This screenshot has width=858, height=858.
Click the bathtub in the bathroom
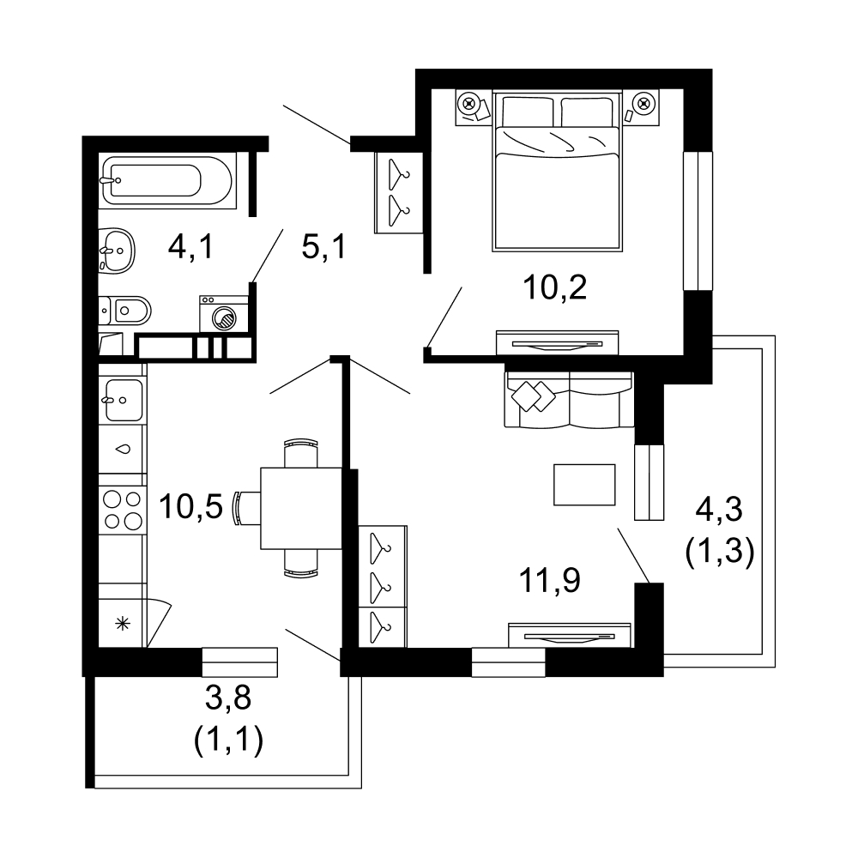pos(167,180)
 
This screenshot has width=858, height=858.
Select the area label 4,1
pos(190,246)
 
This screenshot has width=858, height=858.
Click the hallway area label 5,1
pos(323,246)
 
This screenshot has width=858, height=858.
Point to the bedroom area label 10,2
pos(555,287)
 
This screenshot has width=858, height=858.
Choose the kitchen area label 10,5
pos(191,506)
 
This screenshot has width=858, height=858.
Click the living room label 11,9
pos(549,580)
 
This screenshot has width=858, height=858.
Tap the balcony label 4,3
pos(719,510)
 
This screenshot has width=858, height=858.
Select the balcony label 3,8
pos(228,698)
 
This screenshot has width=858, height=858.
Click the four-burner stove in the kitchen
pos(123,510)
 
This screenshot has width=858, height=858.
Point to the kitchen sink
pos(123,400)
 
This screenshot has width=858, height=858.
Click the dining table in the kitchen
pos(301,508)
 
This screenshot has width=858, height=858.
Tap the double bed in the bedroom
pos(557,172)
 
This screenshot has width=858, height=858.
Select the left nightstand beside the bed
pos(474,107)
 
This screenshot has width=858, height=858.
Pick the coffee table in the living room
pos(584,485)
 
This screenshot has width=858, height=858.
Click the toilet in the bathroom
pos(124,311)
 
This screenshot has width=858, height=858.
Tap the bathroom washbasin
pos(117,251)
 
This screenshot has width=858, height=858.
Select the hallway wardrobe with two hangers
pos(399,192)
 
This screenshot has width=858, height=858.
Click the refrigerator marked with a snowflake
pos(123,623)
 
